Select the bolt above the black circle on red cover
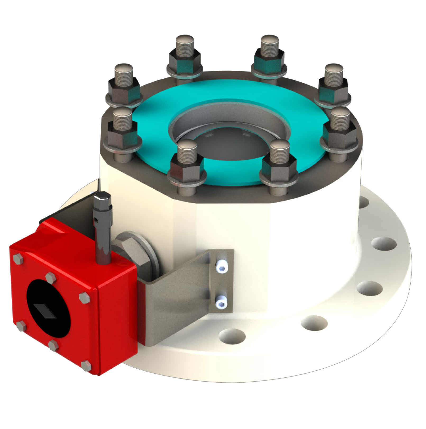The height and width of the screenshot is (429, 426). [x=50, y=278]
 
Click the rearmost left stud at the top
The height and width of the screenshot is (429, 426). [x=185, y=53]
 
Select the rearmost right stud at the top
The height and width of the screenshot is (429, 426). [x=269, y=53]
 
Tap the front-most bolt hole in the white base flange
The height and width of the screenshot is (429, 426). [x=232, y=336]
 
